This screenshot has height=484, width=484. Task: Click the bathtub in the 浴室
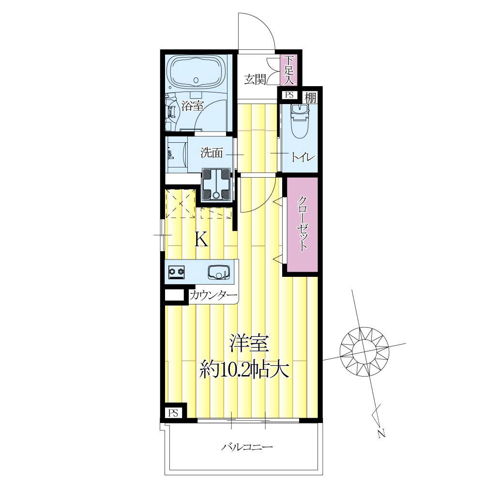pos(196,74)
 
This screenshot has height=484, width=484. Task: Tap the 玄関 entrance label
pos(255,79)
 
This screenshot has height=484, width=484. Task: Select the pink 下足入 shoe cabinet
pos(288,70)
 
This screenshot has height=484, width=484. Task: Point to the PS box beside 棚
pos(289,95)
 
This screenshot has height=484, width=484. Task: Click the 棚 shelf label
pos(311,98)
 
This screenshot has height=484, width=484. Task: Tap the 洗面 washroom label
pos(212,152)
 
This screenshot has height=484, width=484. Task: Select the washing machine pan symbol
pos(216,184)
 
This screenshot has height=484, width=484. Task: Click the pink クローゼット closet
pos(302,225)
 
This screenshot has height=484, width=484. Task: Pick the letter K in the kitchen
pos(201,239)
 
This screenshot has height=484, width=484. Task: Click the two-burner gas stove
pos(176,272)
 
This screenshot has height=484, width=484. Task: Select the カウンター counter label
pos(213,296)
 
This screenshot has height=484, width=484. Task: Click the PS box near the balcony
pos(173,413)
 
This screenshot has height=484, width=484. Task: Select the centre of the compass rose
pos(364,351)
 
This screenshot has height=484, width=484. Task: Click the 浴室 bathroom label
pos(193,106)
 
